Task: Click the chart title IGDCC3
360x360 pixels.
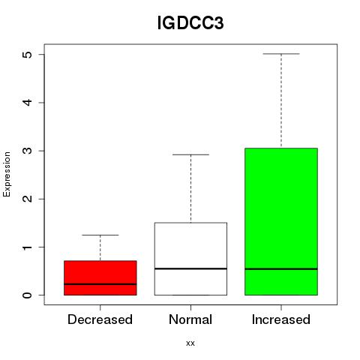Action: pos(190,22)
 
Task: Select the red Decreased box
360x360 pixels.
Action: pos(100,278)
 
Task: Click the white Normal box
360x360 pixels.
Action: pos(190,259)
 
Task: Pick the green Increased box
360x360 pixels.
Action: pos(281,221)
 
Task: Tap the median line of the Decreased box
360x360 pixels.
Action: pos(100,284)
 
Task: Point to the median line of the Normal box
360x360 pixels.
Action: pos(190,268)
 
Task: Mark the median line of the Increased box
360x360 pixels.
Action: pos(281,269)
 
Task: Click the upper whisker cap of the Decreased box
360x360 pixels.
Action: pos(100,235)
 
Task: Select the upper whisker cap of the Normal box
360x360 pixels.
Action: pos(190,154)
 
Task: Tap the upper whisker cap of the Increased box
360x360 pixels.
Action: pos(281,54)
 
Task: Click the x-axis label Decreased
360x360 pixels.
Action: pos(100,319)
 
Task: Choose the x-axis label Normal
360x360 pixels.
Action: pos(190,319)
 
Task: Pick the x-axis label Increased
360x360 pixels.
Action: pos(281,319)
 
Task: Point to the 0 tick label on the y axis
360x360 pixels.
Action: pos(28,295)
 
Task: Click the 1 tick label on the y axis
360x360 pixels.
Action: pos(28,247)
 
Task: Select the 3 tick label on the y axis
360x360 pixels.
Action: pos(28,151)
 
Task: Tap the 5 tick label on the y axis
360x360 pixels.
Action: pos(28,55)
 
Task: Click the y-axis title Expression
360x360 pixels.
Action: pos(7,174)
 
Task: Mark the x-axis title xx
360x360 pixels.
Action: pos(190,343)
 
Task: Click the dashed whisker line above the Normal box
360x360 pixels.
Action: pos(190,188)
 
